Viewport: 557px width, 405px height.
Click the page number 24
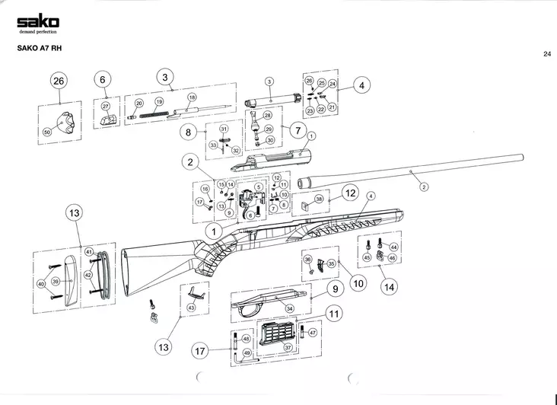tap(547, 54)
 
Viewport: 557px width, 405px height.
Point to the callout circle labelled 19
tap(159, 102)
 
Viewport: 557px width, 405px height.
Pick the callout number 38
tap(320, 199)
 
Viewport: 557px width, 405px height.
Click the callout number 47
tap(312, 333)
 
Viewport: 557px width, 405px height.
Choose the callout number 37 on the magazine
tap(288, 347)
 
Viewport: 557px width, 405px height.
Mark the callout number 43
tap(191, 307)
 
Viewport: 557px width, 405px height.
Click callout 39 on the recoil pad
tap(56, 282)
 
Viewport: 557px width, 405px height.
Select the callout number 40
tap(41, 284)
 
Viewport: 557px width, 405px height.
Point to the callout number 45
tap(367, 258)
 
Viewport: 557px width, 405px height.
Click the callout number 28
tap(268, 116)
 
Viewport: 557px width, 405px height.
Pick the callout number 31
tap(224, 129)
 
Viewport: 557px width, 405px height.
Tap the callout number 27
tap(106, 107)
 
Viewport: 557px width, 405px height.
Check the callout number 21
tap(332, 108)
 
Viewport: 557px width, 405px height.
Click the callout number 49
tap(247, 352)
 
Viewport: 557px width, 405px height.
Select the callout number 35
tap(331, 263)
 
